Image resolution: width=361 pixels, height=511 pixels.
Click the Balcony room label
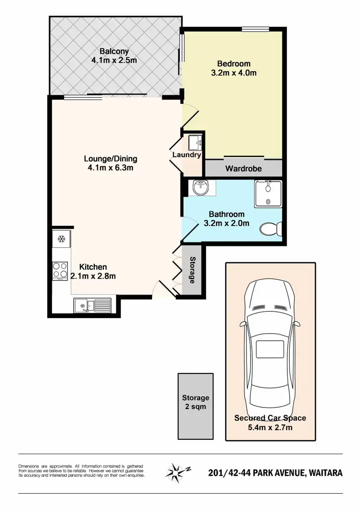[115, 51]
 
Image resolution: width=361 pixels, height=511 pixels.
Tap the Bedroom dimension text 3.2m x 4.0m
[233, 73]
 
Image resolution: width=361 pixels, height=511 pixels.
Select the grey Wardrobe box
[243, 168]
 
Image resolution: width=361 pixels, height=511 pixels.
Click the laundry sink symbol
[194, 142]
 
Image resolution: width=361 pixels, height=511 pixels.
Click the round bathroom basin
[199, 187]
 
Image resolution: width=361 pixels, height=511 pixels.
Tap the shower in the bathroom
[269, 193]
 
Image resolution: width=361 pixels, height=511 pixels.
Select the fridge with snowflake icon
[62, 239]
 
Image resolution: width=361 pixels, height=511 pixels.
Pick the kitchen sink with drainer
[92, 305]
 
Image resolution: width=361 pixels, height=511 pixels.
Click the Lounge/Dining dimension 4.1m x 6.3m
[110, 168]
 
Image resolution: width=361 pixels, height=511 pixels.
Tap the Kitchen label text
[93, 267]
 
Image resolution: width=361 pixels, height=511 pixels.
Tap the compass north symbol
[178, 472]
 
